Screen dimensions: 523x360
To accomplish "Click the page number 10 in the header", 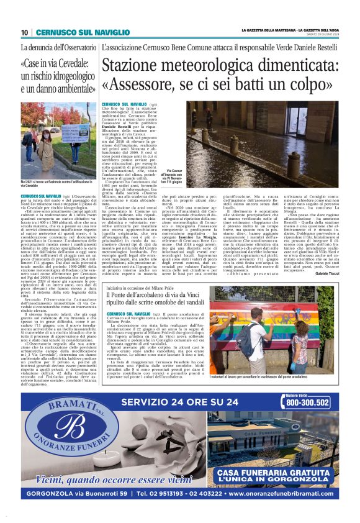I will pyautogui.click(x=24, y=32).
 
